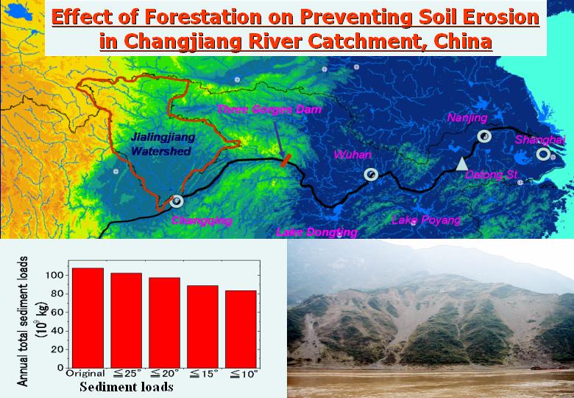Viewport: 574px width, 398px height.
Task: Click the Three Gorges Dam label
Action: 269,109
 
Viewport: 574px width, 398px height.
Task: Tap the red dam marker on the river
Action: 286,161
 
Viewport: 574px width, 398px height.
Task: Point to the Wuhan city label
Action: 352,155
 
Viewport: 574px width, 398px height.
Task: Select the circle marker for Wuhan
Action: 371,175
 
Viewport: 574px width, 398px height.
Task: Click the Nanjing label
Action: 467,118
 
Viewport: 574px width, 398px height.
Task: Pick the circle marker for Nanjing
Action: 484,136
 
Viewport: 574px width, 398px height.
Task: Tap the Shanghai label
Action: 540,139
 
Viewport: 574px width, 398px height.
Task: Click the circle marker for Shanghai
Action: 543,154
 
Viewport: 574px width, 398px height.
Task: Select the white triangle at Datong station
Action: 462,164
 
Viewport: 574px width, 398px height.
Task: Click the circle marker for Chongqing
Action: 177,200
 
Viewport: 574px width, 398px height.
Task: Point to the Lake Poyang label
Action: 427,220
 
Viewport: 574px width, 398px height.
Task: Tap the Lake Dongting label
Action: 316,232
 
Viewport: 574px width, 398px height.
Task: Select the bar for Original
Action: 88,318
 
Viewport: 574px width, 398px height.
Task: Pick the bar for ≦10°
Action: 241,329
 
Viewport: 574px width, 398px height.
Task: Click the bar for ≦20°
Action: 164,323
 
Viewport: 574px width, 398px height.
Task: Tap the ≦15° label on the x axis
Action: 202,374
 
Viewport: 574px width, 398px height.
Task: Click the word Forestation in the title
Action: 203,17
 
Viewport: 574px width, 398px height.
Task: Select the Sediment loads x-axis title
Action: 127,387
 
